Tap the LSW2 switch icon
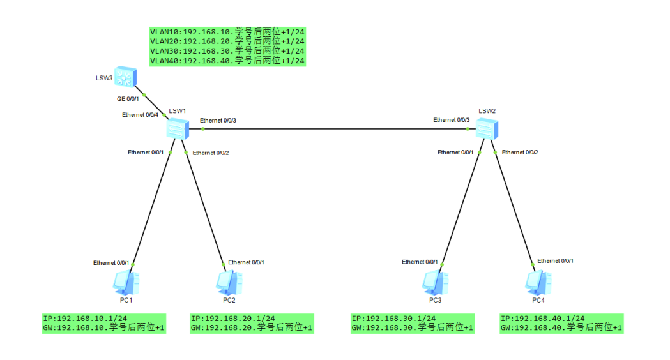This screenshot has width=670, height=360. (x=487, y=130)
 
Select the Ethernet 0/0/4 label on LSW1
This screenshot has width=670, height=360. (x=140, y=115)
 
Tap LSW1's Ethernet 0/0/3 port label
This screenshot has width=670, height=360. (x=218, y=121)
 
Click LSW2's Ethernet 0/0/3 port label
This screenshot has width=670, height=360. (x=452, y=120)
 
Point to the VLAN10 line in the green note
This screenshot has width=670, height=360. (x=227, y=31)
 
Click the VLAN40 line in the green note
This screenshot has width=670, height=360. (x=227, y=61)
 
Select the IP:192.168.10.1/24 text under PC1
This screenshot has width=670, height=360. (x=85, y=319)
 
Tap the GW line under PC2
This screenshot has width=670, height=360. (x=252, y=328)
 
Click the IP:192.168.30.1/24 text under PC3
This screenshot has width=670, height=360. (x=393, y=319)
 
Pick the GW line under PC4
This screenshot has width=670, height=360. (x=561, y=328)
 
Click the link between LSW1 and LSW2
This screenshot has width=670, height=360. (x=332, y=129)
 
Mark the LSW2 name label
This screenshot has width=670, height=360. (x=487, y=111)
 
